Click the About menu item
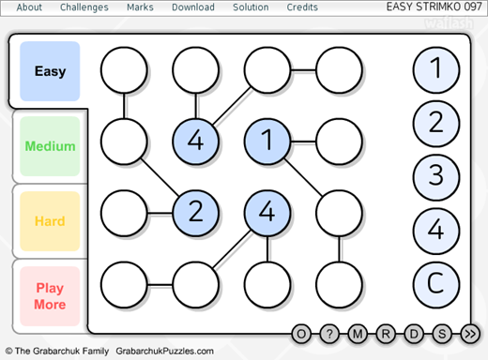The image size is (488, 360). tap(29, 7)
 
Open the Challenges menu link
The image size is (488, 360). tap(84, 7)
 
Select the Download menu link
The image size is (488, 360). tap(193, 7)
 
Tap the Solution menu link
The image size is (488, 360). tap(251, 7)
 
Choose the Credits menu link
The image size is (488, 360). tap(302, 7)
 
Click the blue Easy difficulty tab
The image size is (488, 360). tap(50, 71)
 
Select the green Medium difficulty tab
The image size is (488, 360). tap(50, 146)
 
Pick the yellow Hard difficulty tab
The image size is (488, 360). tap(50, 221)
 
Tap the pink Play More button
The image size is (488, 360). tap(50, 296)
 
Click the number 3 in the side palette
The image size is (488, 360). tap(436, 177)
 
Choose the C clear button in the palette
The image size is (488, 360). tap(436, 284)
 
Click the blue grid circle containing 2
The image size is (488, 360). tap(195, 213)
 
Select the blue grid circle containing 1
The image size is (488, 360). tap(267, 142)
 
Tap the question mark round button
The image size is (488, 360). tap(329, 334)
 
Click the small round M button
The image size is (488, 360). tap(358, 334)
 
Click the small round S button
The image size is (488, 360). tap(442, 334)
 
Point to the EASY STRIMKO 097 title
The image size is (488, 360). tap(434, 7)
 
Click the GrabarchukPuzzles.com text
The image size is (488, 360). tap(164, 351)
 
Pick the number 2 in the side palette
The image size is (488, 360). tap(436, 123)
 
